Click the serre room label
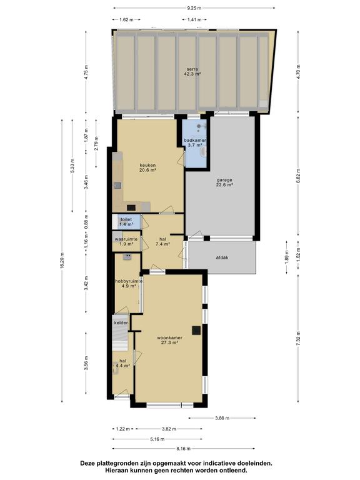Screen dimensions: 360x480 pos(192,72)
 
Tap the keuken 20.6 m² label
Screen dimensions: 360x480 pos(148,167)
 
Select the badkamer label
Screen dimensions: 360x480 pos(195,142)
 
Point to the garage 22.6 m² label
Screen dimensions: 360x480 pos(224,182)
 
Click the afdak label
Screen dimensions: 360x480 pos(222,257)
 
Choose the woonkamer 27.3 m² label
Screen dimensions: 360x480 pos(169,340)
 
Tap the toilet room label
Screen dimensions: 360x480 pos(126,222)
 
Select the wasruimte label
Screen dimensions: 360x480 pos(126,241)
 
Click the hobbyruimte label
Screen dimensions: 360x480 pos(129,284)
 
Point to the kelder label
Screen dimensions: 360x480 pos(121,322)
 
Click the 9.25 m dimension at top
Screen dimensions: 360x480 pos(194,8)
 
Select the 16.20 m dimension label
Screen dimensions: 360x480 pos(62,261)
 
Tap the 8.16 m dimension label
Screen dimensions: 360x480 pos(183,449)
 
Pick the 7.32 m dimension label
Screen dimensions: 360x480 pos(299,339)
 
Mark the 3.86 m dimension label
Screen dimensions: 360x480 pos(222,418)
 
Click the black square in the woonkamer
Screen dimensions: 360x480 pos(196,331)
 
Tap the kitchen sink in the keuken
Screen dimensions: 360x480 pos(117,186)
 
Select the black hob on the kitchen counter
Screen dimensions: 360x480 pos(131,207)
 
